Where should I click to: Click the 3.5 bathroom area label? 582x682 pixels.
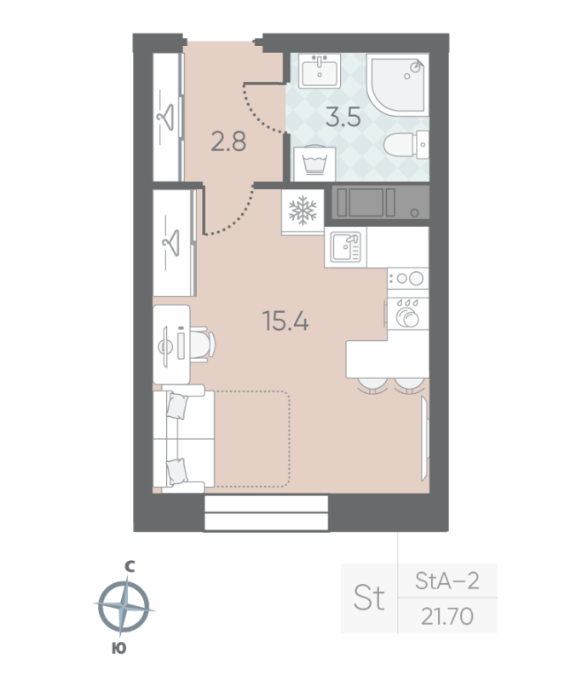pyautogui.click(x=343, y=117)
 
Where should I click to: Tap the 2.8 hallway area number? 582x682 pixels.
pyautogui.click(x=228, y=142)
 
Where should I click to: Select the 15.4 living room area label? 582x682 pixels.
pyautogui.click(x=285, y=321)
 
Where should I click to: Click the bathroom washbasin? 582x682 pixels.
pyautogui.click(x=320, y=71)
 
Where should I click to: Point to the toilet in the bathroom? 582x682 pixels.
pyautogui.click(x=406, y=144)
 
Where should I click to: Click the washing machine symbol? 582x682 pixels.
pyautogui.click(x=314, y=164)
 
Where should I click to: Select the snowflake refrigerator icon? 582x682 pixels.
pyautogui.click(x=303, y=211)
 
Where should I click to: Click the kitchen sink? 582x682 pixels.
pyautogui.click(x=346, y=247)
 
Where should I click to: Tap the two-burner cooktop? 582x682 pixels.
pyautogui.click(x=407, y=279)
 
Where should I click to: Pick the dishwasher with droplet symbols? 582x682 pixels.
pyautogui.click(x=407, y=314)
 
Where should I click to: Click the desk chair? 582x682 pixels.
pyautogui.click(x=202, y=344)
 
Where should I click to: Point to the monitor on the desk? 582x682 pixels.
pyautogui.click(x=165, y=347)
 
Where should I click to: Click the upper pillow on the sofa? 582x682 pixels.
pyautogui.click(x=177, y=406)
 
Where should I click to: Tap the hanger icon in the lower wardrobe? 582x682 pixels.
pyautogui.click(x=170, y=242)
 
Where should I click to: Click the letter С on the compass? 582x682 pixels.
pyautogui.click(x=129, y=566)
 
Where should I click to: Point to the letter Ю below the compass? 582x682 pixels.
pyautogui.click(x=119, y=648)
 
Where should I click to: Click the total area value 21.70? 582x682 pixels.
pyautogui.click(x=447, y=616)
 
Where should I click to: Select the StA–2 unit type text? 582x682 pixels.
pyautogui.click(x=447, y=581)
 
